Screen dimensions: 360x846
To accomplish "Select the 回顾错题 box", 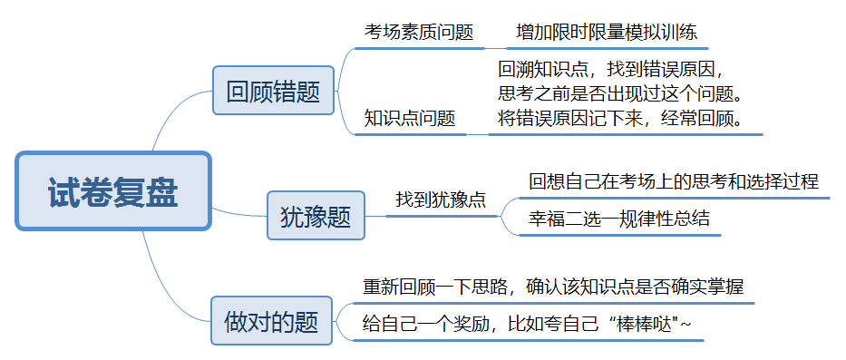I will point(273,91).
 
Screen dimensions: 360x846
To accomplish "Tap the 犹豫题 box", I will point(316,215).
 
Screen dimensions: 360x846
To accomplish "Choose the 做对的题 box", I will point(271,320).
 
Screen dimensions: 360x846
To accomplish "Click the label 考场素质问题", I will point(419,32).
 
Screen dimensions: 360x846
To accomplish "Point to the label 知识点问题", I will point(410,118).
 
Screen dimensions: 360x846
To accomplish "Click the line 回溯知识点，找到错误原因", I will point(614,69).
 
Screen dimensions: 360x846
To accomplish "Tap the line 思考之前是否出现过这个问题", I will point(621,93).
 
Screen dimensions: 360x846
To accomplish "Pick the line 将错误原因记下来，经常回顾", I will point(621,118).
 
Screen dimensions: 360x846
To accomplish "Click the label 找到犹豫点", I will point(441,199).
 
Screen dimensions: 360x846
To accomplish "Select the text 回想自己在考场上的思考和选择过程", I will point(674,180).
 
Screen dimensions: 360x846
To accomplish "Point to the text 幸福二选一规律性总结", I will point(619,219).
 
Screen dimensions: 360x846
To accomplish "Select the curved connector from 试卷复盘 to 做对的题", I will point(172,272).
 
